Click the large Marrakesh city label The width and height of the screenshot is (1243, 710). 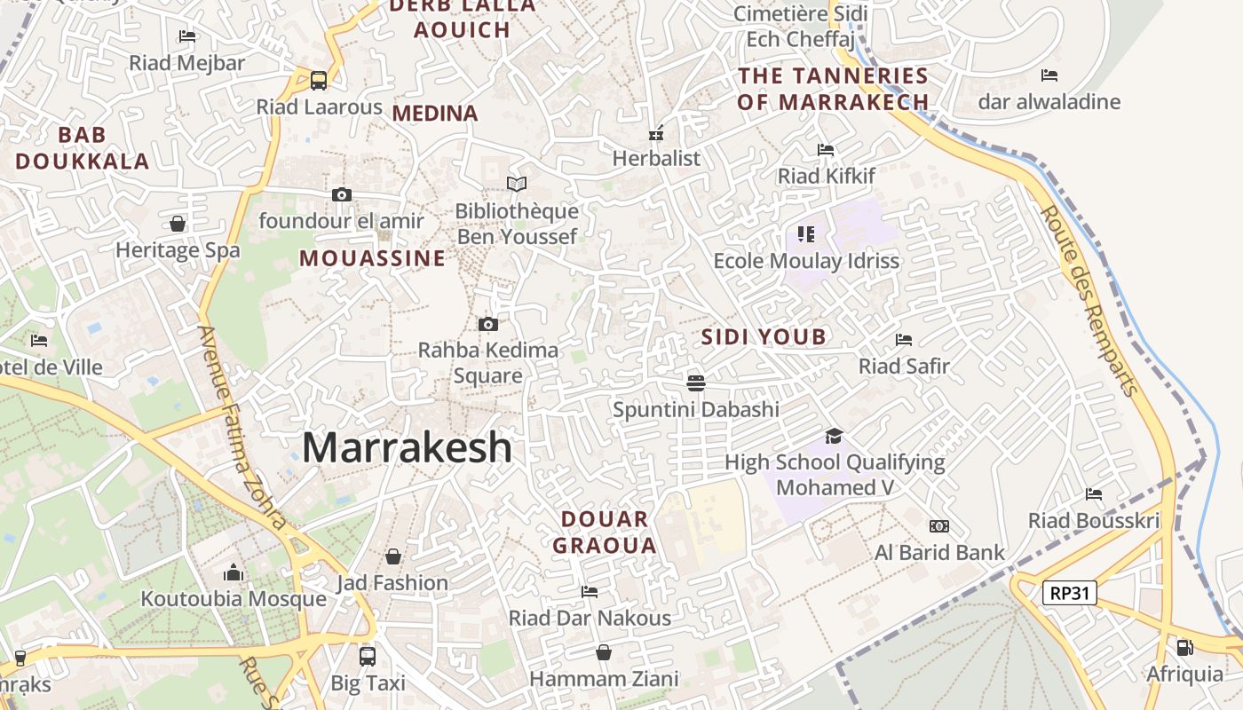point(407,447)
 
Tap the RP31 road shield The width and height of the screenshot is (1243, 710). point(1070,593)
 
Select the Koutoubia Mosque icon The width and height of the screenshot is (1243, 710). point(234,572)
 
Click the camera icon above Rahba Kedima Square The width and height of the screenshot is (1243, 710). point(487,324)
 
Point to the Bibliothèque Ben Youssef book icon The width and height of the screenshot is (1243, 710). point(516,184)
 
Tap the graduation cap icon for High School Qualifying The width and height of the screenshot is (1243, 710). point(833,436)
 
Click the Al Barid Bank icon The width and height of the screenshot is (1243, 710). point(938,526)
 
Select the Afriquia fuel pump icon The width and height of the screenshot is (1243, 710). point(1184,648)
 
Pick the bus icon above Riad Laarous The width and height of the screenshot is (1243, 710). point(318,80)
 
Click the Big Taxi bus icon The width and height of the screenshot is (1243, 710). point(368,657)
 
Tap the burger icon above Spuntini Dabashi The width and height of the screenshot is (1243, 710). point(695,383)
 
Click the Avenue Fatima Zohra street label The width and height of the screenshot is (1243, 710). point(241,427)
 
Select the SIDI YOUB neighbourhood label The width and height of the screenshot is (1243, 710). point(764,337)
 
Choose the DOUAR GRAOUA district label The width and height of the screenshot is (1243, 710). point(605,532)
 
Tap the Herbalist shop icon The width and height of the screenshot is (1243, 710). point(656,134)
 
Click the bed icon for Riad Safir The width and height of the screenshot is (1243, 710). point(904,340)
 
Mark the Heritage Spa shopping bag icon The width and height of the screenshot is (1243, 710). point(178,224)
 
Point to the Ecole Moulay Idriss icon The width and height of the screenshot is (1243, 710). point(806,234)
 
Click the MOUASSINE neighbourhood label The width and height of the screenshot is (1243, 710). point(372,258)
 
